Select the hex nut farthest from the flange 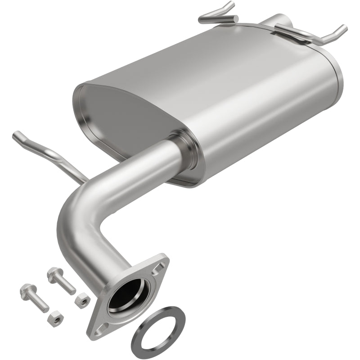pos(52,320)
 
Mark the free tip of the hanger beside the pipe pos(17,135)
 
